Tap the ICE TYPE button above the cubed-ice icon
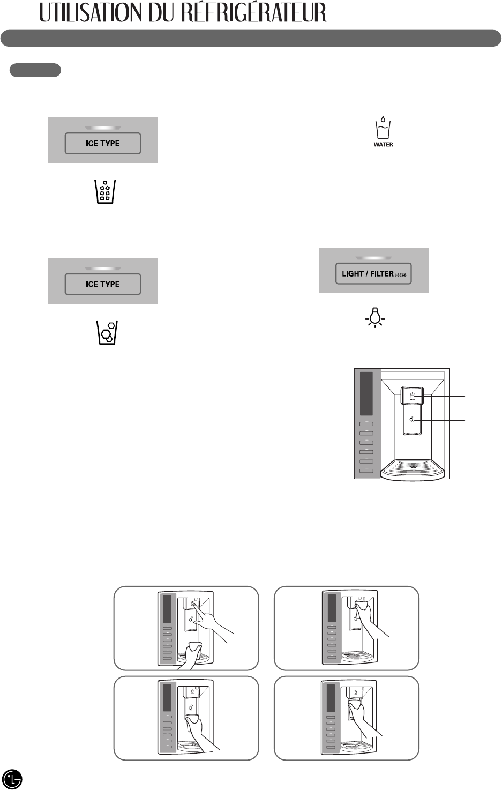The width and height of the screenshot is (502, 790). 103,144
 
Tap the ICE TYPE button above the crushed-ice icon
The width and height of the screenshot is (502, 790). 103,284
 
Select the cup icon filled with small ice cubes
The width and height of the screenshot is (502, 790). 105,192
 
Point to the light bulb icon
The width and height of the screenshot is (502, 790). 376,317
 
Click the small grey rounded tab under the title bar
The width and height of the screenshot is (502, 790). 35,70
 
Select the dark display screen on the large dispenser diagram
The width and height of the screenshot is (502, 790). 367,393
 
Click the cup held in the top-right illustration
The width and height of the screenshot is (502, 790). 362,605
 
